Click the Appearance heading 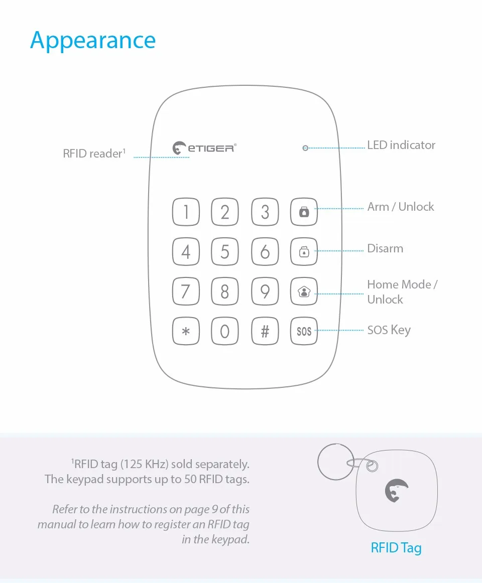[93, 41]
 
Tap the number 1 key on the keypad [186, 212]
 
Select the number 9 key [265, 291]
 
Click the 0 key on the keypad [225, 331]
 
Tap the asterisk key [186, 331]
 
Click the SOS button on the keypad [304, 331]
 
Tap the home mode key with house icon [304, 291]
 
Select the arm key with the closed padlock [304, 212]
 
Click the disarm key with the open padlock [304, 252]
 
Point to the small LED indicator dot [305, 148]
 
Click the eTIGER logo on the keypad [204, 148]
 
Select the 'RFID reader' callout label [94, 154]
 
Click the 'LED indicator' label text [401, 145]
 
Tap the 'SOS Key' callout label [389, 330]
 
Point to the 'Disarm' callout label [385, 249]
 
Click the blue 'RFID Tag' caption [396, 548]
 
